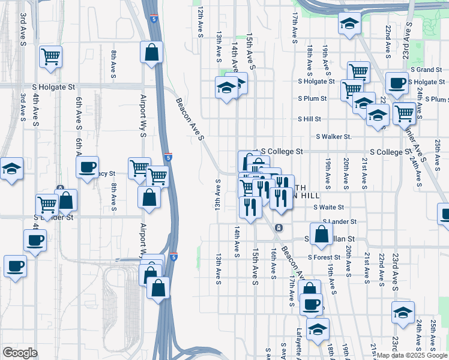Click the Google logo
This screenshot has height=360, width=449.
[20, 352]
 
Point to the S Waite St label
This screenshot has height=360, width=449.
[328, 207]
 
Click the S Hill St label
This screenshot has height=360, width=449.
[310, 119]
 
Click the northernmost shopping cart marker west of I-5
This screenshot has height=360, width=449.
[51, 56]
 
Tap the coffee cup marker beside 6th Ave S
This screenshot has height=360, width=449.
[88, 166]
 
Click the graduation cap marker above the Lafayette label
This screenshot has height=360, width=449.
[318, 328]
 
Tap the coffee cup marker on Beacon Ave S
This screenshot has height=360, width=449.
[310, 304]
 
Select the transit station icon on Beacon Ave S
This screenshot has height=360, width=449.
[279, 228]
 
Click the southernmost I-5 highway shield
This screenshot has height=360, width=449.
[172, 256]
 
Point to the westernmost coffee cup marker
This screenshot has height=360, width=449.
[15, 265]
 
